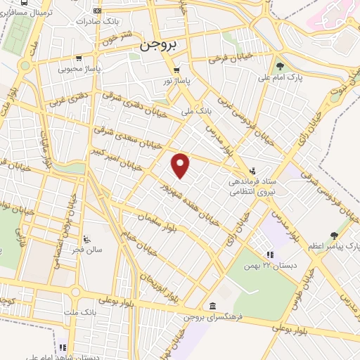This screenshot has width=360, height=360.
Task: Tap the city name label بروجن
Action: click(x=157, y=44)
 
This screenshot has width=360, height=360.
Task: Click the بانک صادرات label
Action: click(x=120, y=22)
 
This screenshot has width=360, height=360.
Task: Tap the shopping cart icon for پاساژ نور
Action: click(x=176, y=70)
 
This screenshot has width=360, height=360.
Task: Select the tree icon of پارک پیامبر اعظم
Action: click(x=334, y=236)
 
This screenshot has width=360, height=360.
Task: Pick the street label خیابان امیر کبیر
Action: click(x=115, y=160)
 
